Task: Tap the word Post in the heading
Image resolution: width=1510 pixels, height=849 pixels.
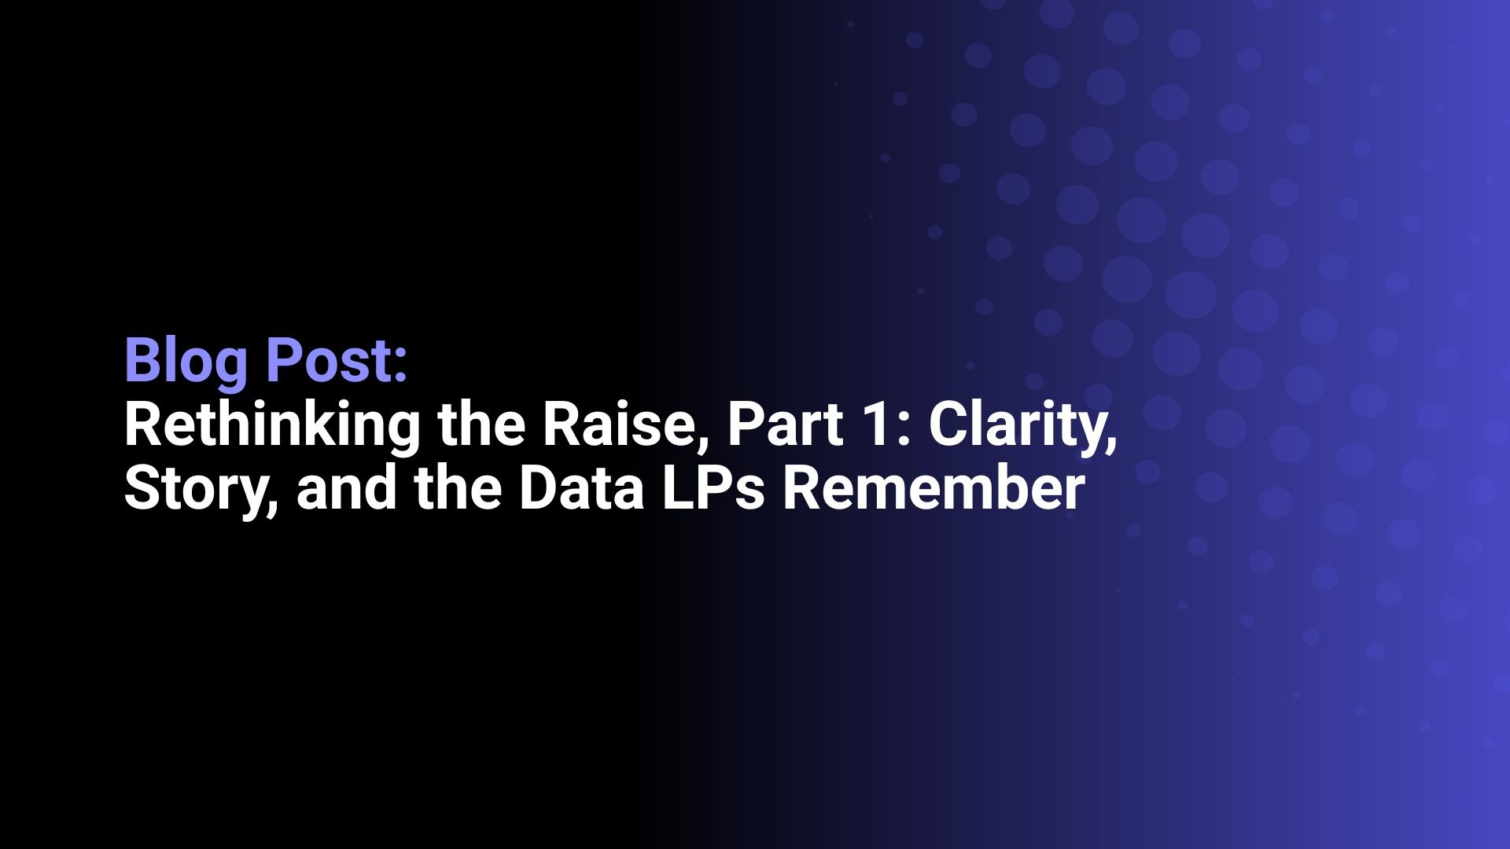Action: click(330, 361)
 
